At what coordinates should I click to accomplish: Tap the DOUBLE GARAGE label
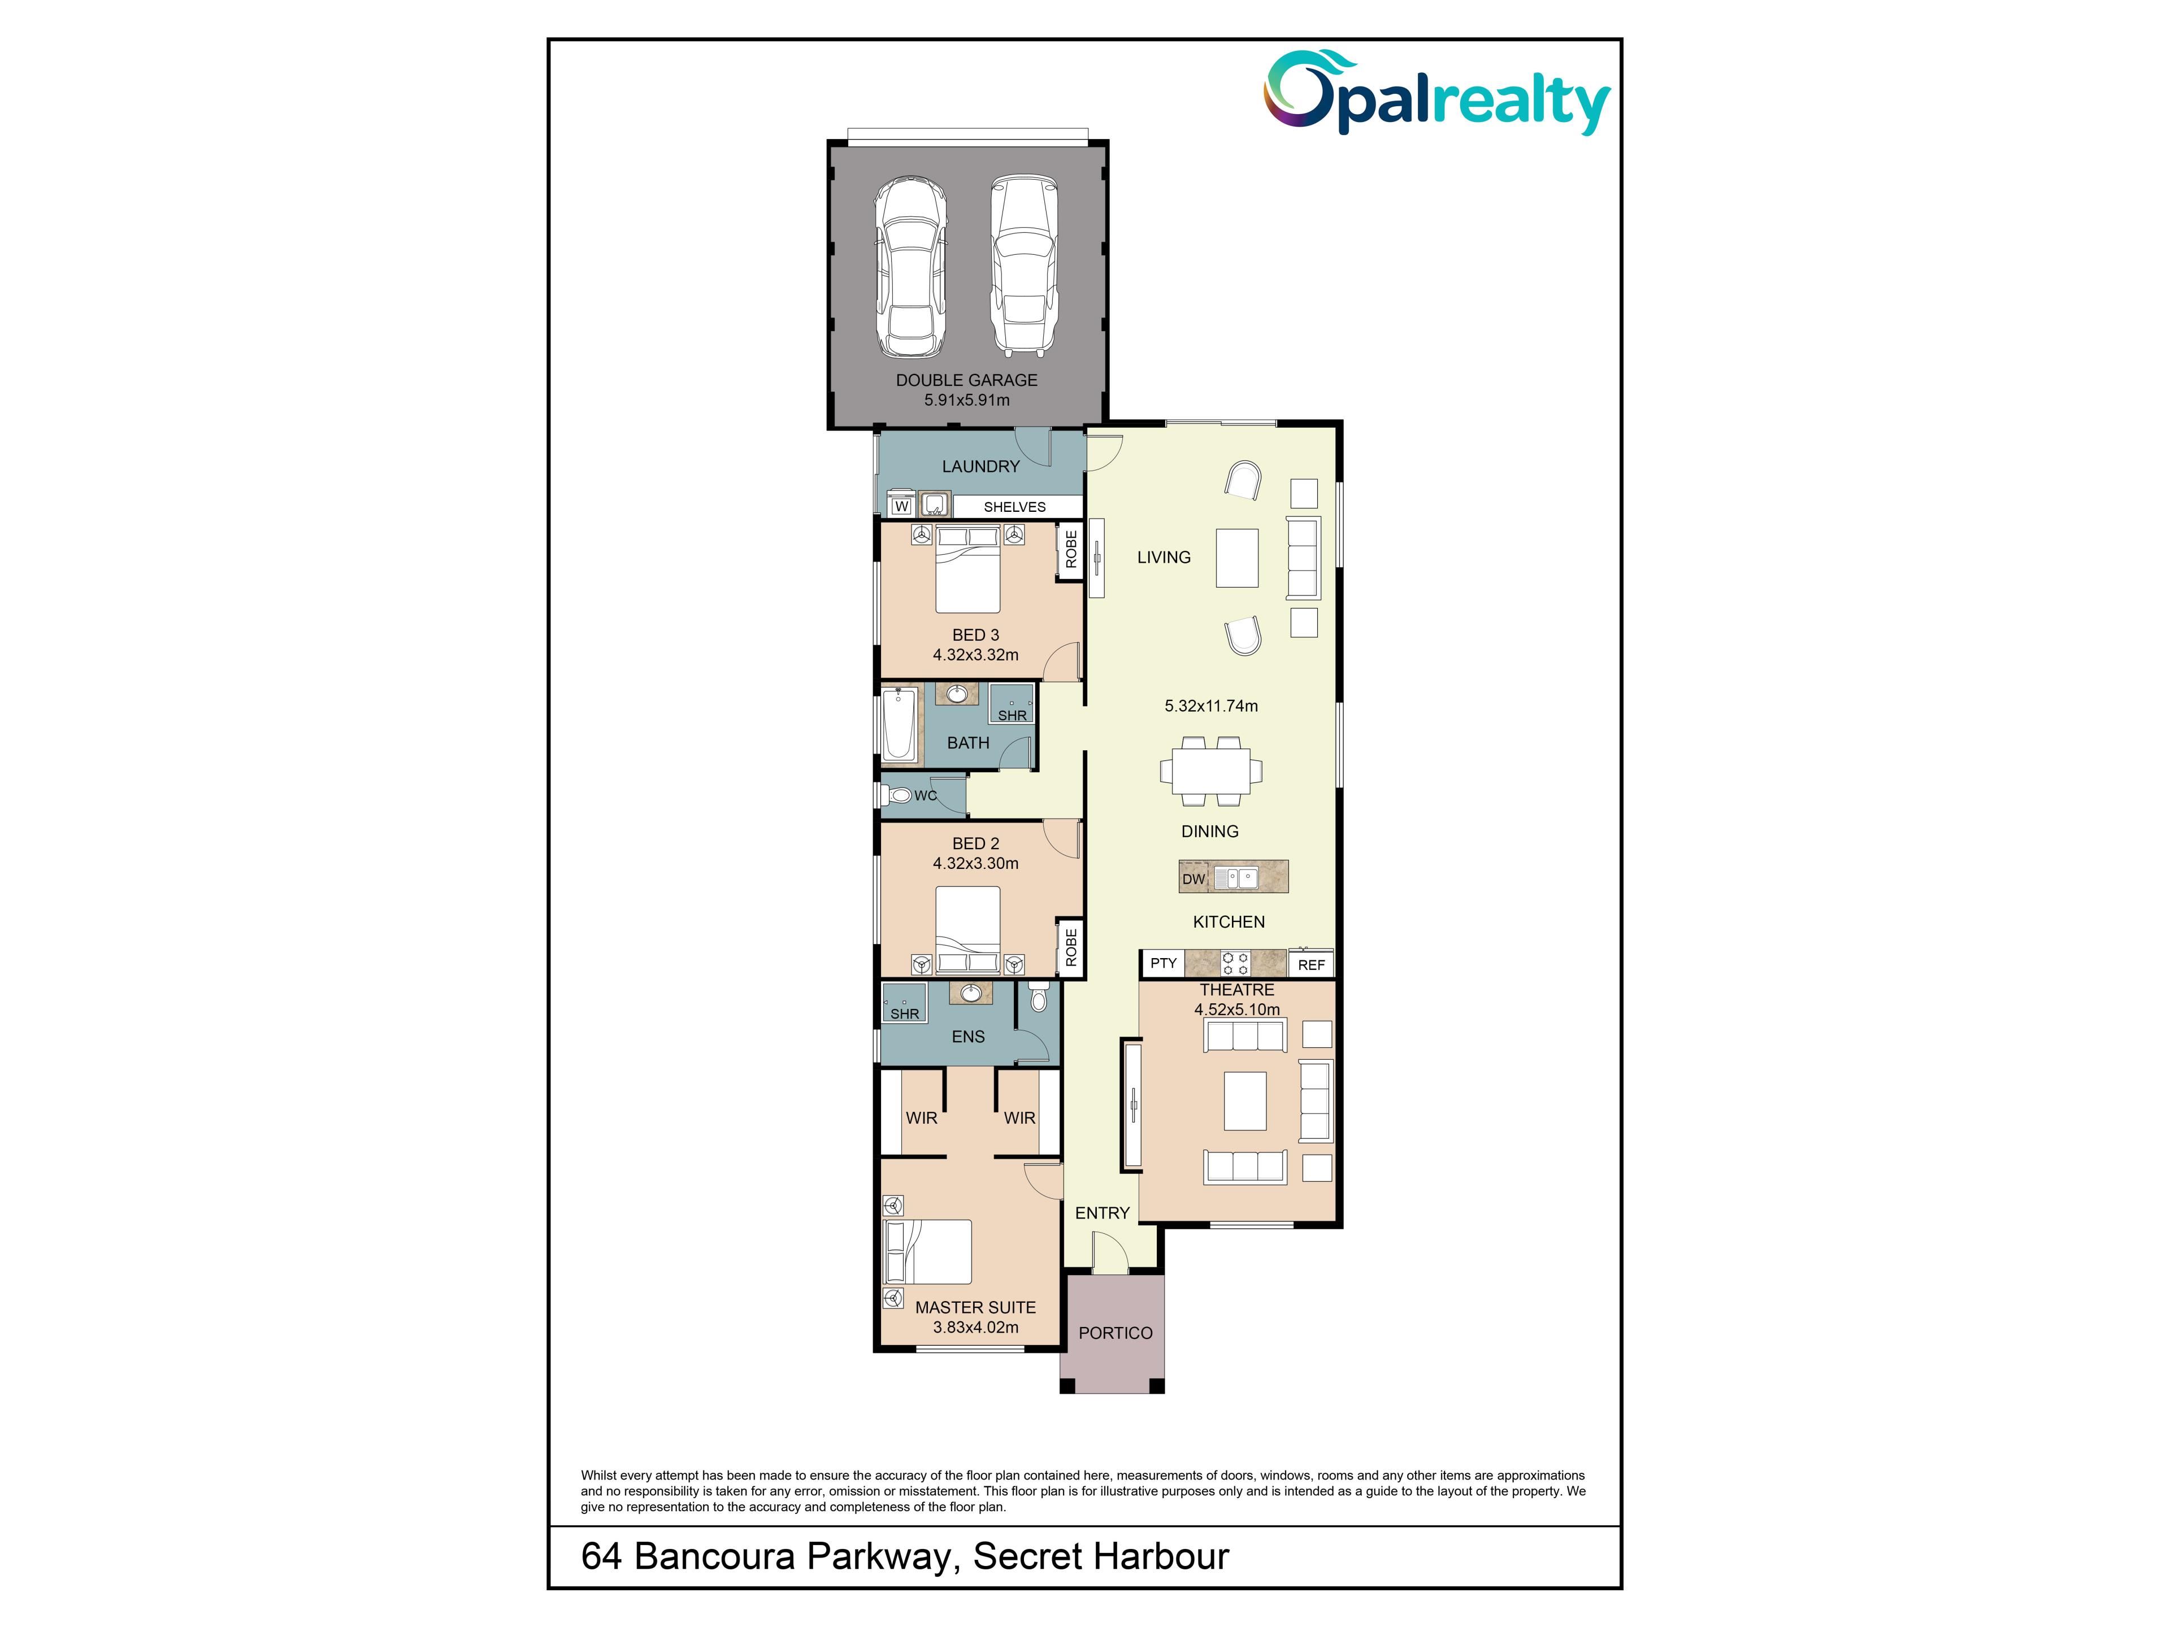click(x=966, y=380)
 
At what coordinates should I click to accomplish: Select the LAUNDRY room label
click(x=981, y=467)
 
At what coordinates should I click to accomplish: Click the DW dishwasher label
click(x=1193, y=878)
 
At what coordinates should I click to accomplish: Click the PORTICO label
click(x=1116, y=1333)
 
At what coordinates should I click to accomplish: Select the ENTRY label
click(x=1102, y=1213)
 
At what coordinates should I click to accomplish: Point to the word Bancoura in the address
click(x=714, y=1556)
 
